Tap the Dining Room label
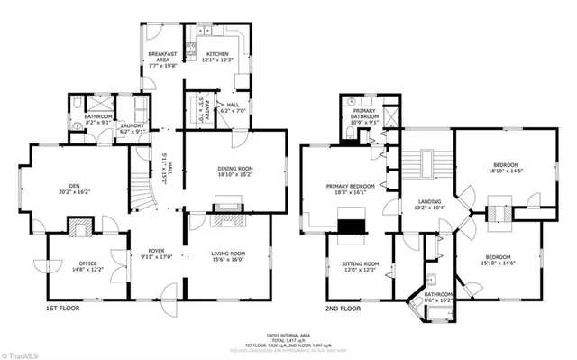coord(234,171)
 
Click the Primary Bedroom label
coord(348,189)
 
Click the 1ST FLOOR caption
coord(63,308)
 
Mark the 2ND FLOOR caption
coord(343,308)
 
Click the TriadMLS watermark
coord(23,352)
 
